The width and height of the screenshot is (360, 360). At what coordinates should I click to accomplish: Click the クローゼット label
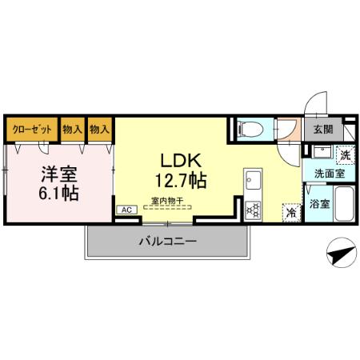click(x=31, y=129)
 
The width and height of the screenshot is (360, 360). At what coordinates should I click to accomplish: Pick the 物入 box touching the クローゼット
click(x=72, y=129)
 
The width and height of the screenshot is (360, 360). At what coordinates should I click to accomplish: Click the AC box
click(x=126, y=210)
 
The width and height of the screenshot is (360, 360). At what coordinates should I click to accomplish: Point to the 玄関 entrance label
click(x=323, y=129)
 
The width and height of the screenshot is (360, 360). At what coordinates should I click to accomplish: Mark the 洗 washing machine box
click(x=344, y=154)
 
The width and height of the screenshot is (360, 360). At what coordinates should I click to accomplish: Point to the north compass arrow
click(x=340, y=255)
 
